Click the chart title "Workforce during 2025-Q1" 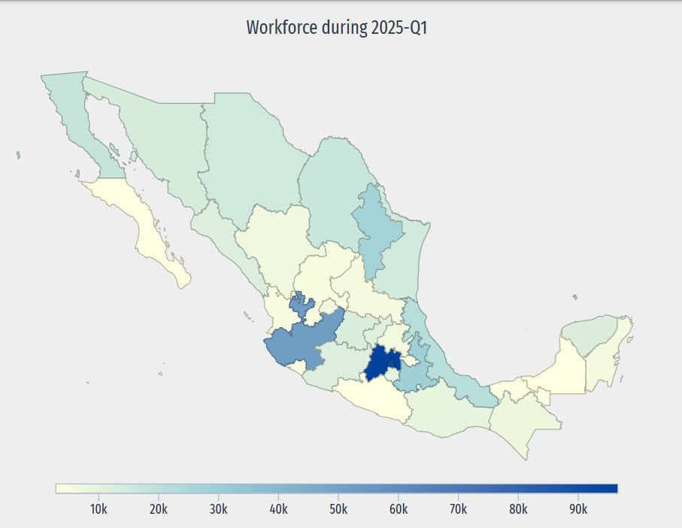[x=341, y=29]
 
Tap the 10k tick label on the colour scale [x=98, y=508]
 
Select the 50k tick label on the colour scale [x=338, y=508]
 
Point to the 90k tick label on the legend [x=578, y=508]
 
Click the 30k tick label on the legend [x=218, y=508]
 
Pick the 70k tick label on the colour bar [x=459, y=508]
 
